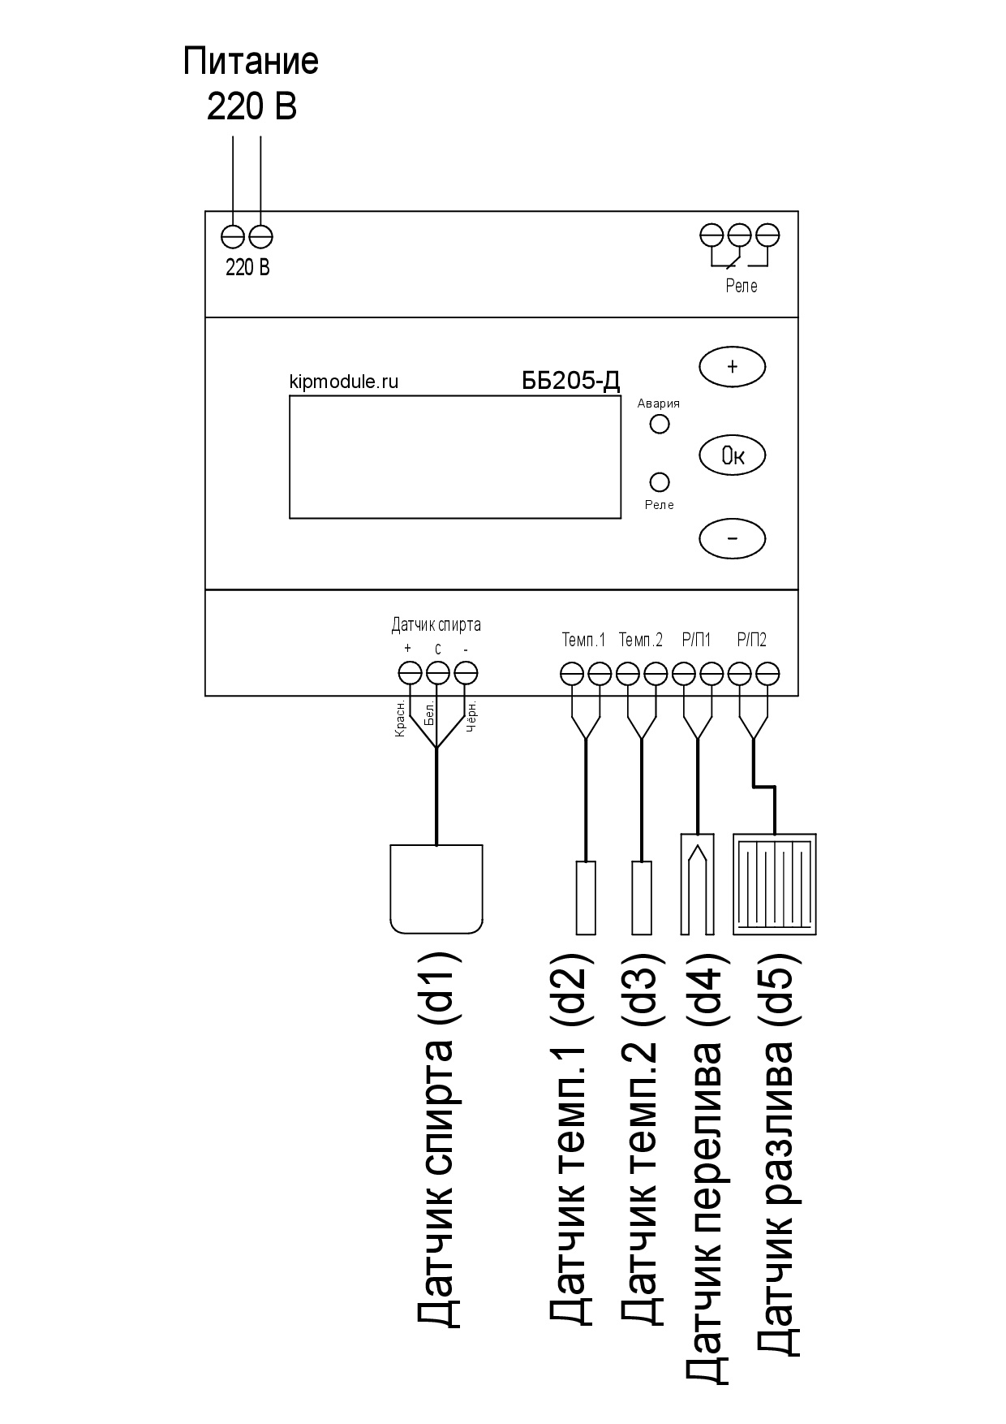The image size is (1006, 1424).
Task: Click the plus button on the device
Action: click(732, 366)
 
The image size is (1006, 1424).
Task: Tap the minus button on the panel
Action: click(732, 537)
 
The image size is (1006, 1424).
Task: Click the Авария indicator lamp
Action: click(660, 424)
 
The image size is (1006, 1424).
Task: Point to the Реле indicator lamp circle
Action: click(660, 481)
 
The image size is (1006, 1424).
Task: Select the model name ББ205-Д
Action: click(571, 382)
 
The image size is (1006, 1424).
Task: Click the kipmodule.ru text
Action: click(344, 382)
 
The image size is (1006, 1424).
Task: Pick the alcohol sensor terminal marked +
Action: click(410, 673)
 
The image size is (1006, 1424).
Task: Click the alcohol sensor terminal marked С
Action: click(437, 673)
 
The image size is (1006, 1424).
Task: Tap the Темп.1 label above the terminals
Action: click(584, 640)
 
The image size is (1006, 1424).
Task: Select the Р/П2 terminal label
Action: click(752, 640)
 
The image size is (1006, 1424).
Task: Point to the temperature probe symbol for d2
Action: click(586, 897)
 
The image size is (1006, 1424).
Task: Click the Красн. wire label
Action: click(400, 720)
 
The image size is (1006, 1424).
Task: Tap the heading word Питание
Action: click(251, 62)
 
